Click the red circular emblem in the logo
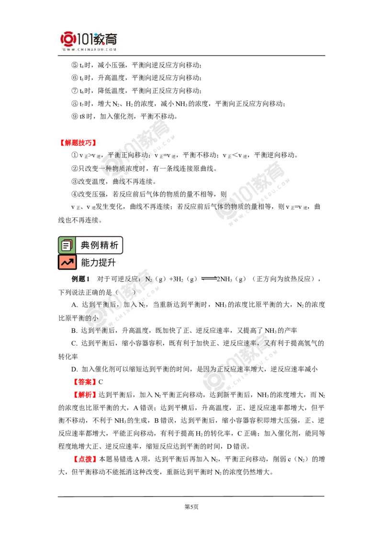68,39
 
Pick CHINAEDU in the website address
90,49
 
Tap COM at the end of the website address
112,49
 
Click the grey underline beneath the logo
90,56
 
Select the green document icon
67,245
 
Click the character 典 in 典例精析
85,245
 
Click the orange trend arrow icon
67,262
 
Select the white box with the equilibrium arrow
208,278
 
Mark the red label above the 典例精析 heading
77,143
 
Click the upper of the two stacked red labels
84,382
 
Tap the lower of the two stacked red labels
84,395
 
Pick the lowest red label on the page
85,460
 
